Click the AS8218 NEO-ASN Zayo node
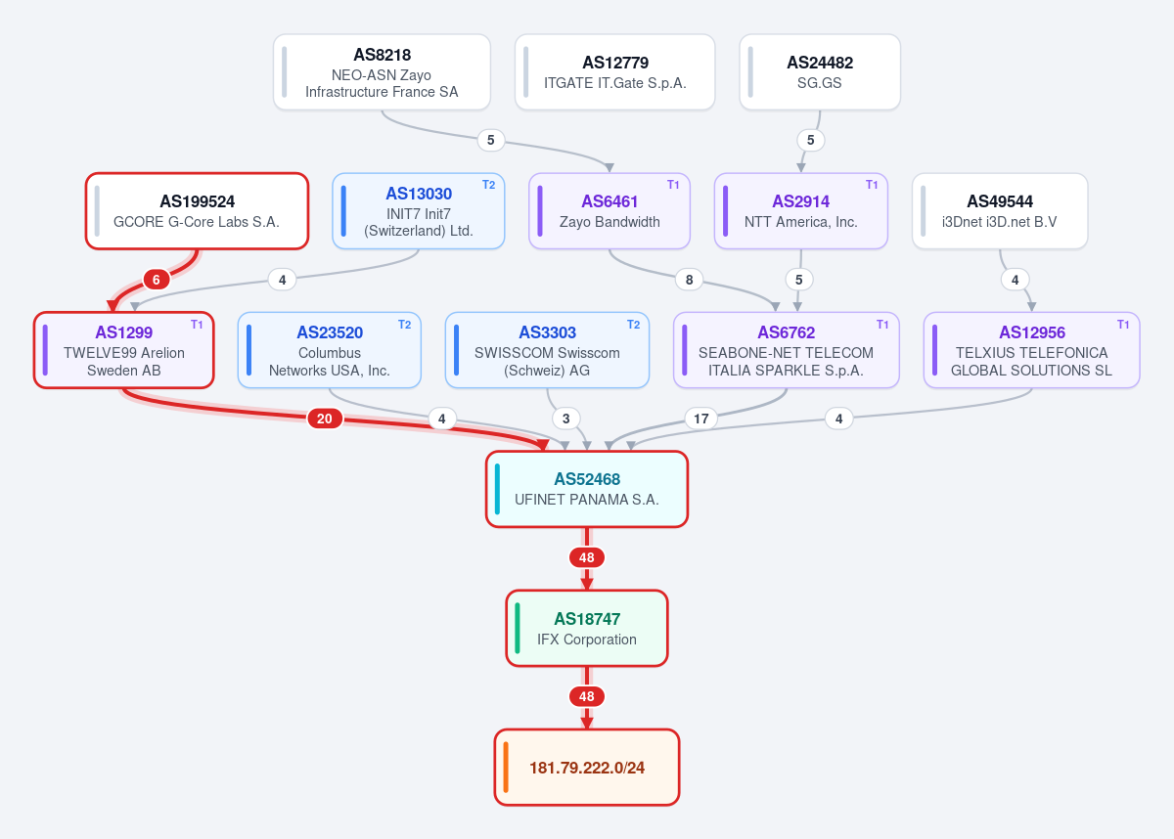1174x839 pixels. pyautogui.click(x=382, y=72)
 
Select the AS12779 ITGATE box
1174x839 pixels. pyautogui.click(x=614, y=72)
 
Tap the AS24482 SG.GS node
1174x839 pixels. pyautogui.click(x=820, y=72)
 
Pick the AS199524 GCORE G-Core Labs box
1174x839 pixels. pyautogui.click(x=197, y=211)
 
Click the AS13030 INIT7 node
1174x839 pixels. pyautogui.click(x=419, y=211)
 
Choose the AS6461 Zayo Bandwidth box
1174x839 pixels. pyautogui.click(x=609, y=211)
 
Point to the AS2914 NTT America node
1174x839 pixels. pyautogui.click(x=801, y=211)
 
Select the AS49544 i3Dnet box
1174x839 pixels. pyautogui.click(x=1000, y=211)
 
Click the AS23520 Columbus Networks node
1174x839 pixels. pyautogui.click(x=329, y=350)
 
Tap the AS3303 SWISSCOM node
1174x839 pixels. pyautogui.click(x=547, y=350)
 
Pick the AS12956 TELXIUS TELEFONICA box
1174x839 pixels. pyautogui.click(x=1031, y=350)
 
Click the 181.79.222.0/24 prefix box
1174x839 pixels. pyautogui.click(x=587, y=768)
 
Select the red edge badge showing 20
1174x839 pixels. pyautogui.click(x=325, y=419)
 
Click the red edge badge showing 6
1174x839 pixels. pyautogui.click(x=157, y=280)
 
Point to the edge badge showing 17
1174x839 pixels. pyautogui.click(x=701, y=419)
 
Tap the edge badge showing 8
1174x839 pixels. pyautogui.click(x=689, y=280)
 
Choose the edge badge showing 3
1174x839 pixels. pyautogui.click(x=566, y=419)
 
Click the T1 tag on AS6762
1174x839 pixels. pyautogui.click(x=882, y=325)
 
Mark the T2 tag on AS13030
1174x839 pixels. pyautogui.click(x=488, y=185)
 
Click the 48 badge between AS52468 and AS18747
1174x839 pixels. pyautogui.click(x=587, y=557)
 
